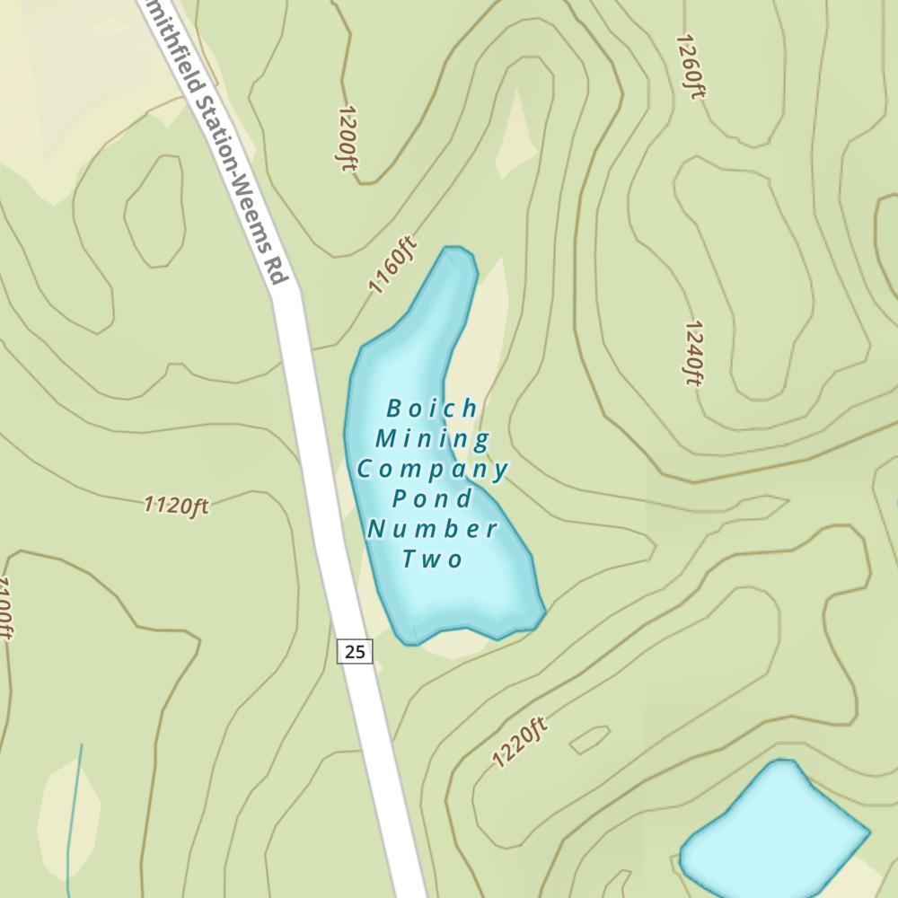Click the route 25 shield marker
click(x=355, y=651)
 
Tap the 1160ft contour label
click(x=393, y=265)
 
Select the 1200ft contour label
click(x=348, y=138)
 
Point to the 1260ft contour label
click(x=688, y=66)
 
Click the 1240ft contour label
click(x=692, y=352)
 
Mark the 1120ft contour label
click(x=176, y=506)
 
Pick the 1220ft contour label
click(x=519, y=743)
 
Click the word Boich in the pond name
click(x=432, y=409)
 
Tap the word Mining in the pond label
click(x=433, y=439)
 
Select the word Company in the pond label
click(x=433, y=469)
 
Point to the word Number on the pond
click(x=432, y=528)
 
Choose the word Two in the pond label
click(x=432, y=559)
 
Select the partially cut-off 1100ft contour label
click(x=4, y=609)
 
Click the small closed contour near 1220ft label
click(x=589, y=739)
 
